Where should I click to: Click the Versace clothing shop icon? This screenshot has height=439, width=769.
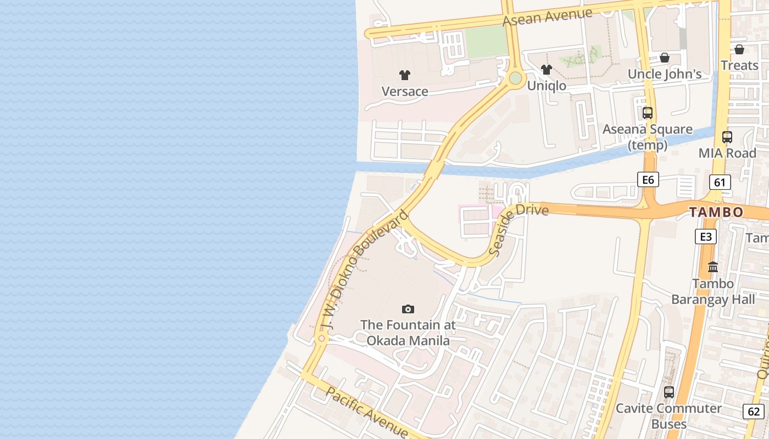tap(405, 75)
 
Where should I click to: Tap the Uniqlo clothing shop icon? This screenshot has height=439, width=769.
tap(546, 70)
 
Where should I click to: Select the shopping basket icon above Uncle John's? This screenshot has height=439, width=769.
tap(664, 58)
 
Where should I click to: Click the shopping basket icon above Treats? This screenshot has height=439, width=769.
tap(739, 49)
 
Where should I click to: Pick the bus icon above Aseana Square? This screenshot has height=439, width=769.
tap(648, 113)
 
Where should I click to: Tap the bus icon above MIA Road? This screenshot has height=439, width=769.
tap(727, 137)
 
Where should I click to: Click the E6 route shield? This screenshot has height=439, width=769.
tap(648, 179)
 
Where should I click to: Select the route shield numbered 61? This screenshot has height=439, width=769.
tap(720, 182)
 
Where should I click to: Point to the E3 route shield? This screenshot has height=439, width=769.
tap(706, 237)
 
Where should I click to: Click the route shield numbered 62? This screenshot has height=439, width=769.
tap(754, 411)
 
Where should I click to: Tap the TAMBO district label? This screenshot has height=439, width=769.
tap(716, 212)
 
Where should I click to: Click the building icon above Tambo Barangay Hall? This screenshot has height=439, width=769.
tap(713, 267)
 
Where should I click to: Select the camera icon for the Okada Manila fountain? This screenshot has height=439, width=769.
tap(408, 309)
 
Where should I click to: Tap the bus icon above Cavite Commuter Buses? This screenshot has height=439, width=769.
tap(668, 392)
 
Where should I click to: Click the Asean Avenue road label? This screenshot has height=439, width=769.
tap(548, 16)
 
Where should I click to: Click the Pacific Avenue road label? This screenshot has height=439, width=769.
tap(366, 412)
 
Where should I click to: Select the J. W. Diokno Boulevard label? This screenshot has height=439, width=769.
tap(365, 270)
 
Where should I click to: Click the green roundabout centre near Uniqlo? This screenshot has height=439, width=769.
tap(515, 78)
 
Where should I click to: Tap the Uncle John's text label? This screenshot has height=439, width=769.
tap(665, 74)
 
